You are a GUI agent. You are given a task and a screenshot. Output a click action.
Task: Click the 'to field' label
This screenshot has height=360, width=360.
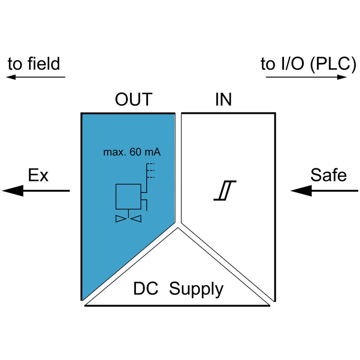point(34,64)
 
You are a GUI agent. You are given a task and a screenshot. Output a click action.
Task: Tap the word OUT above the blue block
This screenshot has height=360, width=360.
point(134,99)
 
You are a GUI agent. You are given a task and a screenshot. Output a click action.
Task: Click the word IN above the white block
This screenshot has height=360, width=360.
point(223,99)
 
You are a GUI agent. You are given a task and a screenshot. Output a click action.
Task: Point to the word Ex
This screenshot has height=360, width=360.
point(38,175)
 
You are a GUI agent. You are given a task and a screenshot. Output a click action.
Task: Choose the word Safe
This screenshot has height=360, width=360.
point(328,175)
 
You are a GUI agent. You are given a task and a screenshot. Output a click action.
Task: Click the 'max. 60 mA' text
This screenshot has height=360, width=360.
point(132,152)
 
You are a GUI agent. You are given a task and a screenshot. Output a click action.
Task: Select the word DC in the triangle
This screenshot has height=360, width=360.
point(145,289)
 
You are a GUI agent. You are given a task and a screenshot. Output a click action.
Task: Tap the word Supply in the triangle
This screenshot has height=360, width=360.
point(196,290)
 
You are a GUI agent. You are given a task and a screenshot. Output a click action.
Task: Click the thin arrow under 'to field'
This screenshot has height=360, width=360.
point(36,77)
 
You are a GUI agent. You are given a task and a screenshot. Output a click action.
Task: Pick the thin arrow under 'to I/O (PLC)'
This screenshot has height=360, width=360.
point(306,77)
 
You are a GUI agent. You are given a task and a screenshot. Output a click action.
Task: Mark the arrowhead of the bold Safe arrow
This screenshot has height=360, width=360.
point(301,191)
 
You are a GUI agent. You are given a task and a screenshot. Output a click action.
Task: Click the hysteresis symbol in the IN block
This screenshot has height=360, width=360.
point(225,191)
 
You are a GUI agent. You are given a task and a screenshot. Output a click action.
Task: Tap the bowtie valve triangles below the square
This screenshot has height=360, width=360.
point(128,219)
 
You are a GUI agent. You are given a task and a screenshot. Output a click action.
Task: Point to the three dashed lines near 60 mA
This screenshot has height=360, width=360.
point(151,170)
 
